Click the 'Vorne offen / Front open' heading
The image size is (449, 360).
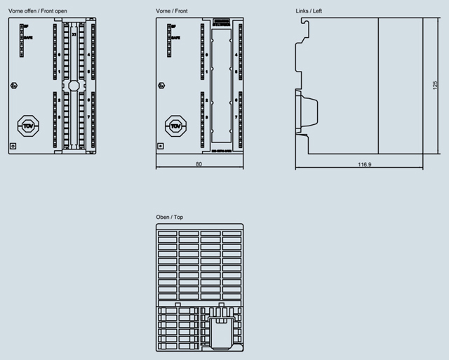[37, 11]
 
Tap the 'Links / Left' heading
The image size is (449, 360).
[308, 11]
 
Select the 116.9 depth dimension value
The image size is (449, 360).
[364, 165]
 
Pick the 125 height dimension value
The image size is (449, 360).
[434, 84]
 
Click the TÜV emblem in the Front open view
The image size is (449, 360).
[28, 126]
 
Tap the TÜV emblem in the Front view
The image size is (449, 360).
[175, 126]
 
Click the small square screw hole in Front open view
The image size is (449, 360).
[13, 146]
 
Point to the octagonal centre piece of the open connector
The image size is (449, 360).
[74, 86]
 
